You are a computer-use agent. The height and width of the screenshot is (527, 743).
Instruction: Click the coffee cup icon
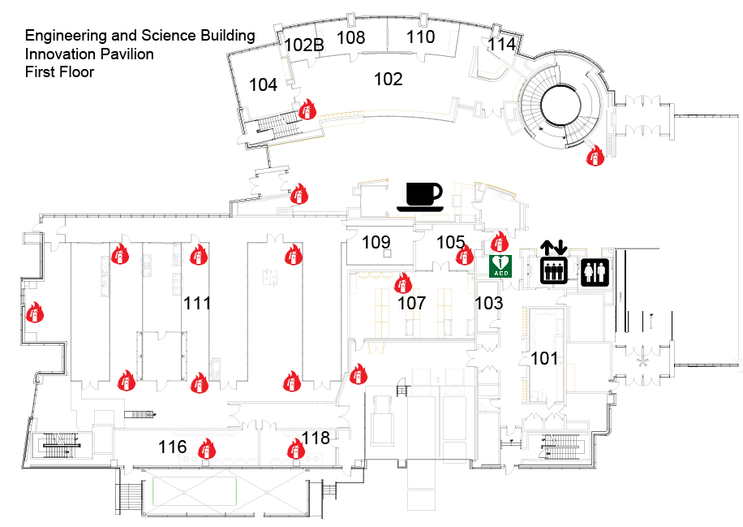click(420, 197)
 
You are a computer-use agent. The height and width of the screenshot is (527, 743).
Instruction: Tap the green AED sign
click(501, 266)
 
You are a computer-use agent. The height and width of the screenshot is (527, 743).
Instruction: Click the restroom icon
click(595, 272)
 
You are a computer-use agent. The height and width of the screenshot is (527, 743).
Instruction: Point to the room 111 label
click(197, 304)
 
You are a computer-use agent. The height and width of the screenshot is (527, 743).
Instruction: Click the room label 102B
click(304, 45)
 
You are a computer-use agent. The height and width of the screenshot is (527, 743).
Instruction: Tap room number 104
click(263, 84)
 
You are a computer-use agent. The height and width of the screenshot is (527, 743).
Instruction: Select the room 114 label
click(501, 45)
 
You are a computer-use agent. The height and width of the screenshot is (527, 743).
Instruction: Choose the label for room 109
click(376, 242)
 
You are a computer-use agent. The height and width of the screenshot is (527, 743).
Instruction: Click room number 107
click(411, 304)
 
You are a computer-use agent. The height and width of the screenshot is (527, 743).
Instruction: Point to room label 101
click(544, 358)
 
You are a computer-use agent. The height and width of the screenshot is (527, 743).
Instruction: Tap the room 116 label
click(173, 447)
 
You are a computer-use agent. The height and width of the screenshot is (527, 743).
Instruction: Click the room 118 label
click(316, 438)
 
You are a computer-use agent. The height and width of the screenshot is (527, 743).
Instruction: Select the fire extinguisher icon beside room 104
click(307, 110)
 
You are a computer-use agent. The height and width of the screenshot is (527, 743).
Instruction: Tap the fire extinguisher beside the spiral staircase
click(595, 155)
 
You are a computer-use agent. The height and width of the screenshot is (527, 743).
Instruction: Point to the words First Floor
click(59, 72)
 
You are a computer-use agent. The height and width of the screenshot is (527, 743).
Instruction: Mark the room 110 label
click(420, 37)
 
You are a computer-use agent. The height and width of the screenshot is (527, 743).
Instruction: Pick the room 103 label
click(488, 304)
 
